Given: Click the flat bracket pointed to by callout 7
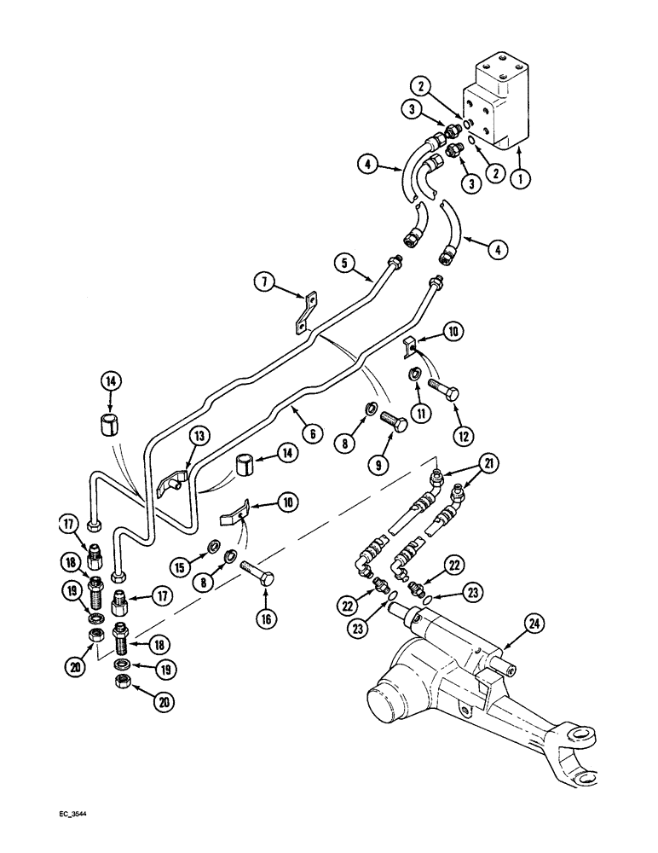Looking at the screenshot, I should pyautogui.click(x=303, y=311).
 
